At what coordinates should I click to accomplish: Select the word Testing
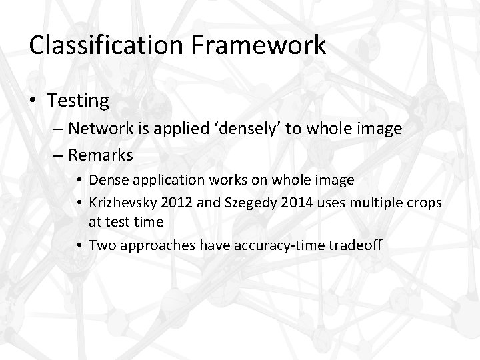coord(78,101)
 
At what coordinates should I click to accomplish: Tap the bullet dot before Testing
coord(35,101)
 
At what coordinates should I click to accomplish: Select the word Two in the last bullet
coord(100,245)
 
